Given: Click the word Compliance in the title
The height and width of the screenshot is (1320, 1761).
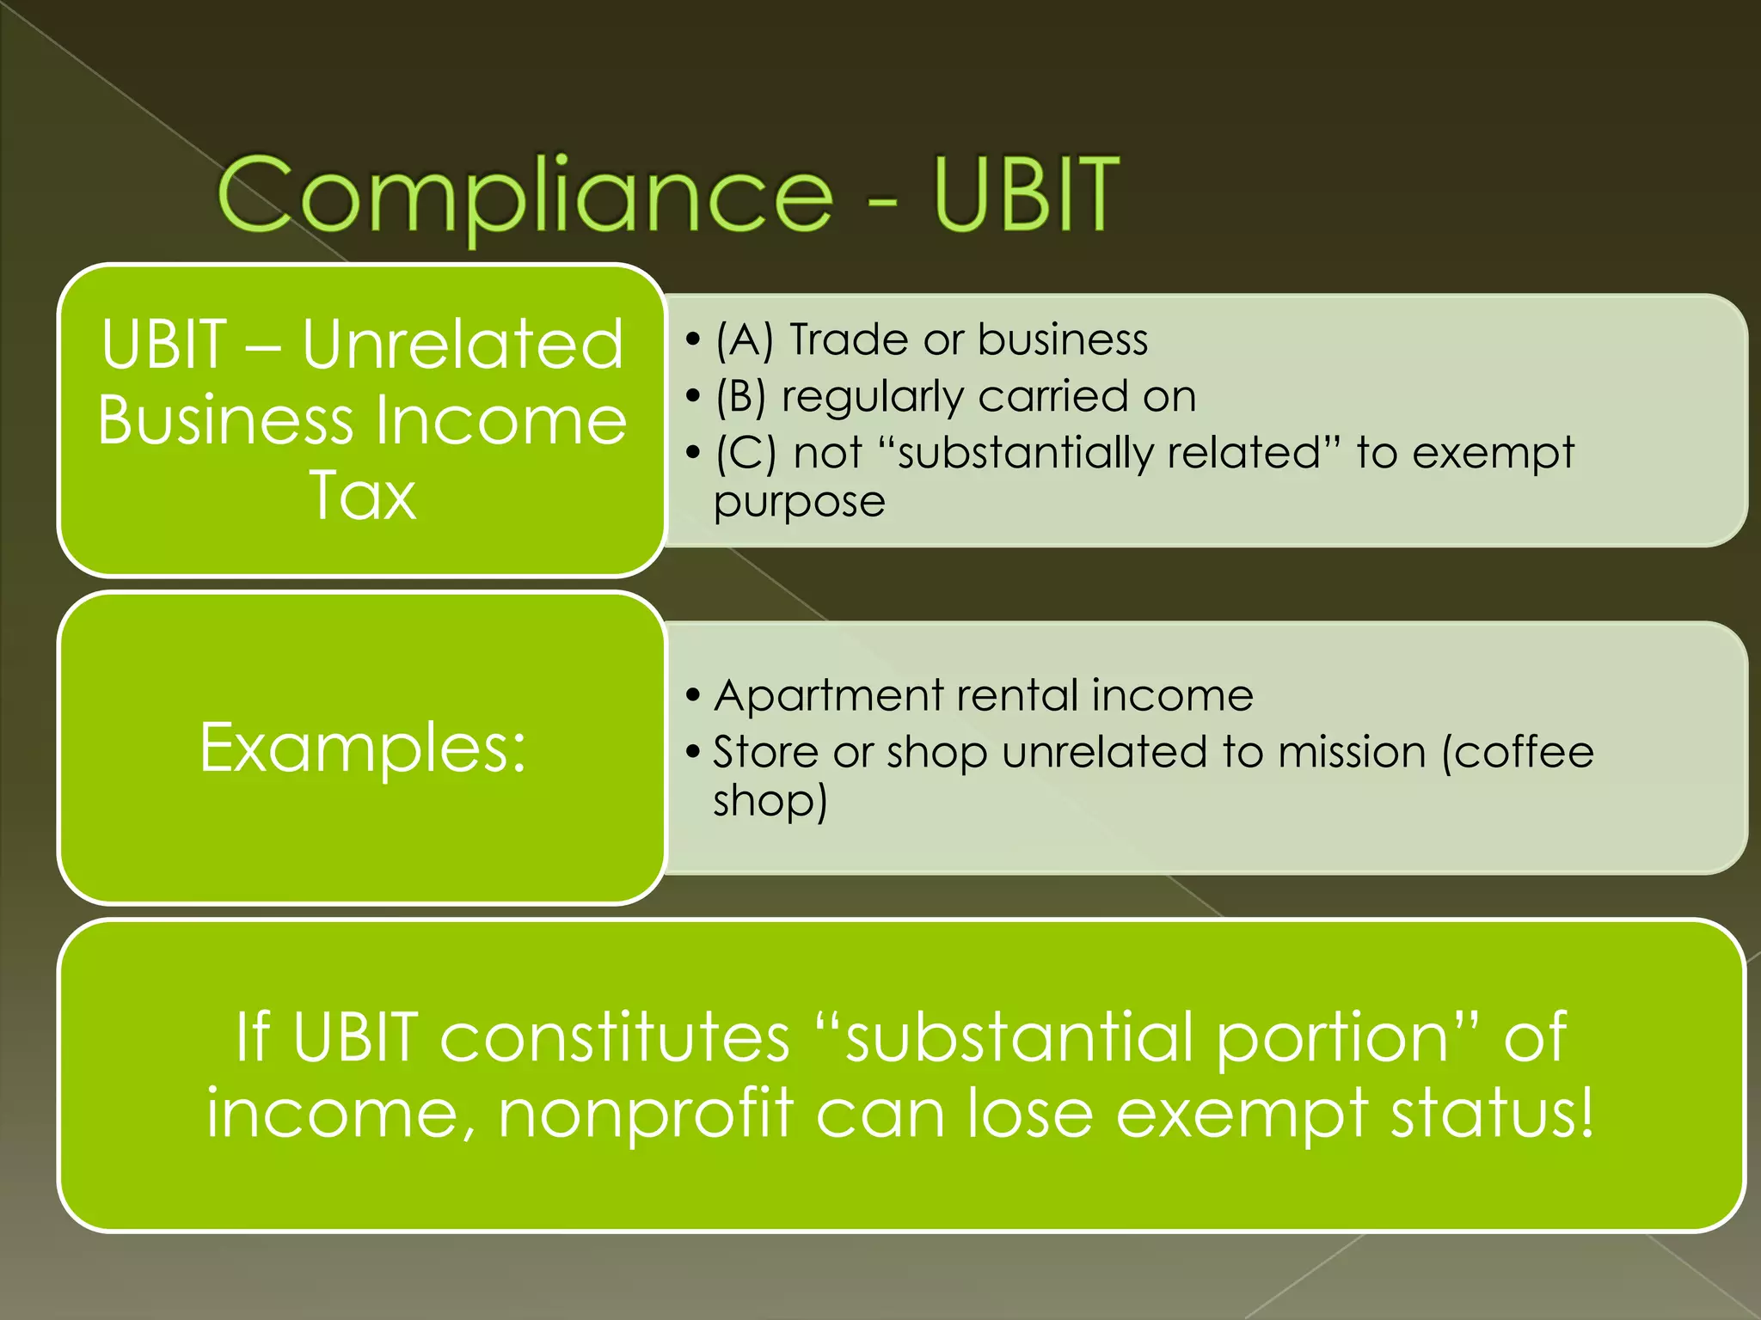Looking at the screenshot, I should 525,195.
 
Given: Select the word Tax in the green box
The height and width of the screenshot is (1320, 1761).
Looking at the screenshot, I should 362,496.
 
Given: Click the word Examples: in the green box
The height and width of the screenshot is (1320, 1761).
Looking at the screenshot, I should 362,748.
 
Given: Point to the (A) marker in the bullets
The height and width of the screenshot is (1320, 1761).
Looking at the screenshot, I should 745,339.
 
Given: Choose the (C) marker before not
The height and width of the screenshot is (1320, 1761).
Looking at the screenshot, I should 745,453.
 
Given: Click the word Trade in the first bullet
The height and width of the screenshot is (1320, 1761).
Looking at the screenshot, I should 848,339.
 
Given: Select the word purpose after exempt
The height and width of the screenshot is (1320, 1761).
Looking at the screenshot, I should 800,503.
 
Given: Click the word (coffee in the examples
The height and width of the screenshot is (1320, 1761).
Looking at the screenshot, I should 1518,752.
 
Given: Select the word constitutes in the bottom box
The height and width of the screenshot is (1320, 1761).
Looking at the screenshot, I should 615,1037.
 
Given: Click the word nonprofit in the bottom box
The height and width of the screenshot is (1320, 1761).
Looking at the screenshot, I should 646,1115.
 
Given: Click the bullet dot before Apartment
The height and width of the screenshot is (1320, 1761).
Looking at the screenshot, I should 693,695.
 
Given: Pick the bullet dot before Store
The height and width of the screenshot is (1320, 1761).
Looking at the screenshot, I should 693,753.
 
